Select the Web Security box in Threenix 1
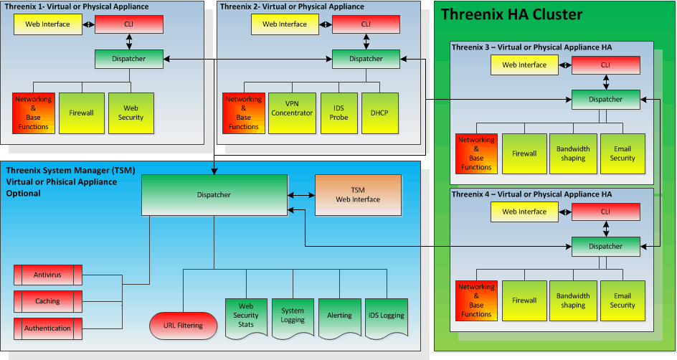pos(131,113)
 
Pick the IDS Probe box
pos(338,113)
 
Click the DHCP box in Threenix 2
pos(379,113)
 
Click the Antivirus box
pos(48,275)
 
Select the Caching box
pos(48,301)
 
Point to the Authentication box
pos(48,328)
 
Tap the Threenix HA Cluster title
pos(511,14)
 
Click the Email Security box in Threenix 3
pos(622,153)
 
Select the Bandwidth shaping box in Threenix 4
pos(573,300)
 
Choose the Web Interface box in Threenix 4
pos(524,212)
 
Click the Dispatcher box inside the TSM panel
pos(214,195)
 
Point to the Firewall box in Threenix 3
pos(524,153)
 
